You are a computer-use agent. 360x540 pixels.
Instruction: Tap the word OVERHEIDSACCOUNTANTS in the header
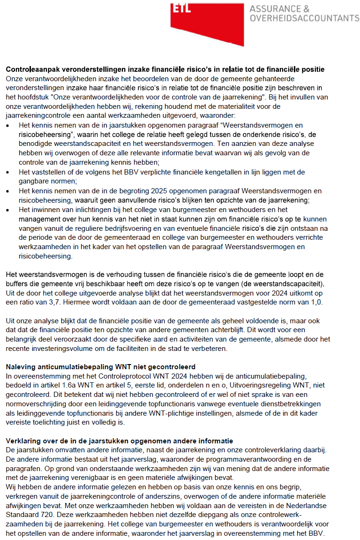tap(305, 18)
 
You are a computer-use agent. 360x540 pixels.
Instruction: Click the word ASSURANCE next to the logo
tap(279, 9)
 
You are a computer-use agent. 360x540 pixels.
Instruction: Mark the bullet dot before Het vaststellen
tap(8, 172)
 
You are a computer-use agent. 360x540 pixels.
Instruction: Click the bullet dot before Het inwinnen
tap(8, 210)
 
